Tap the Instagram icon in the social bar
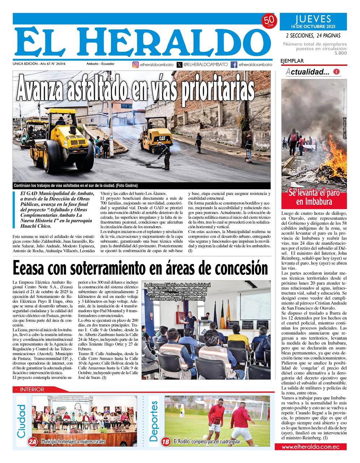[x=136, y=65]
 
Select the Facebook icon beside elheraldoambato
[x=234, y=65]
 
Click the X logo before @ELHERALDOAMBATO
[x=179, y=65]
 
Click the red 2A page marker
[x=33, y=442]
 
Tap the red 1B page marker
[x=166, y=442]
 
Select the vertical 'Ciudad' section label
[x=22, y=420]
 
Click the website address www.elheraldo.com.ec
[x=310, y=447]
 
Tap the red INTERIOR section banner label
[x=32, y=390]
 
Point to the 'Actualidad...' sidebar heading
[x=308, y=72]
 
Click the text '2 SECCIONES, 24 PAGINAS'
[x=313, y=35]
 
